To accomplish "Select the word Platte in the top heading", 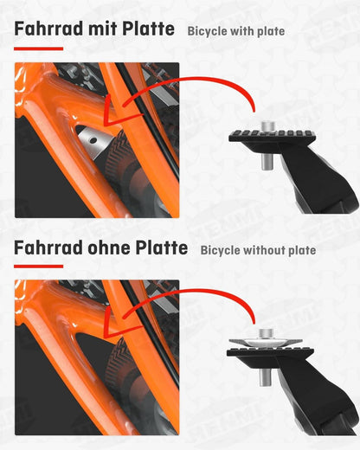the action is tap(148, 29).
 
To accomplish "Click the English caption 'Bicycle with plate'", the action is tap(236, 31).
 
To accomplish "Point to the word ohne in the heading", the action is tap(109, 247).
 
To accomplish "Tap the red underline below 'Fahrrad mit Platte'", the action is tap(38, 48).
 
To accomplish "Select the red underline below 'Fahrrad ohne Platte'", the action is tap(38, 267).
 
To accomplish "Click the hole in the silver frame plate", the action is tap(93, 140).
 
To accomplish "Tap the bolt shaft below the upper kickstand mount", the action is tap(267, 161).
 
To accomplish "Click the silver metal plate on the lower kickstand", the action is tap(266, 343).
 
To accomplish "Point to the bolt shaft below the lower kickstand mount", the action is tap(266, 377).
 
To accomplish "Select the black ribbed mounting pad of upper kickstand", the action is tap(272, 136).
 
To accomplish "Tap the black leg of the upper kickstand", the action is tap(318, 179).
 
